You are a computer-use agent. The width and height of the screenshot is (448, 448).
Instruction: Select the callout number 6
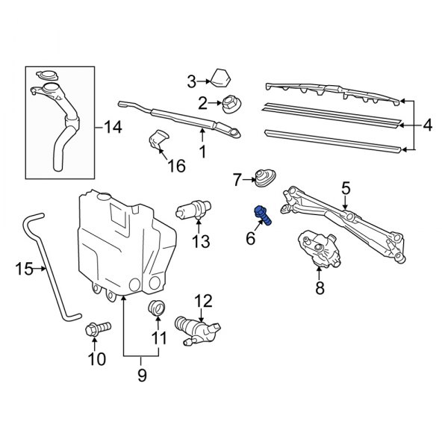(x=251, y=239)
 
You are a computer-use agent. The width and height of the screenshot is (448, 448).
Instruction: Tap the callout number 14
(x=112, y=128)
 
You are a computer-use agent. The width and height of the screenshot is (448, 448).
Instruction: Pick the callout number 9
(x=141, y=377)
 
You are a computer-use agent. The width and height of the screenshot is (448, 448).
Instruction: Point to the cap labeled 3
(x=220, y=77)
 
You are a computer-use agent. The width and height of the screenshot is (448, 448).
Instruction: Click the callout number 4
(x=427, y=125)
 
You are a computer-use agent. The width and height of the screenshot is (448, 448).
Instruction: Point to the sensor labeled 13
(x=196, y=210)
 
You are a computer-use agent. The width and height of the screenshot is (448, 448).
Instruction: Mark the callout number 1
(x=201, y=152)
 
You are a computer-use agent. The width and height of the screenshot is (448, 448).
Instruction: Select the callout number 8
(x=320, y=287)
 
